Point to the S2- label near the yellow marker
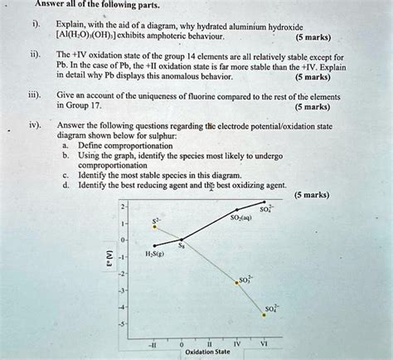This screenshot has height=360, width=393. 155,221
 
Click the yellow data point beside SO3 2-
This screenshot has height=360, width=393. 235,283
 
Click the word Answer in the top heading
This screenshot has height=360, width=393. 51,5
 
